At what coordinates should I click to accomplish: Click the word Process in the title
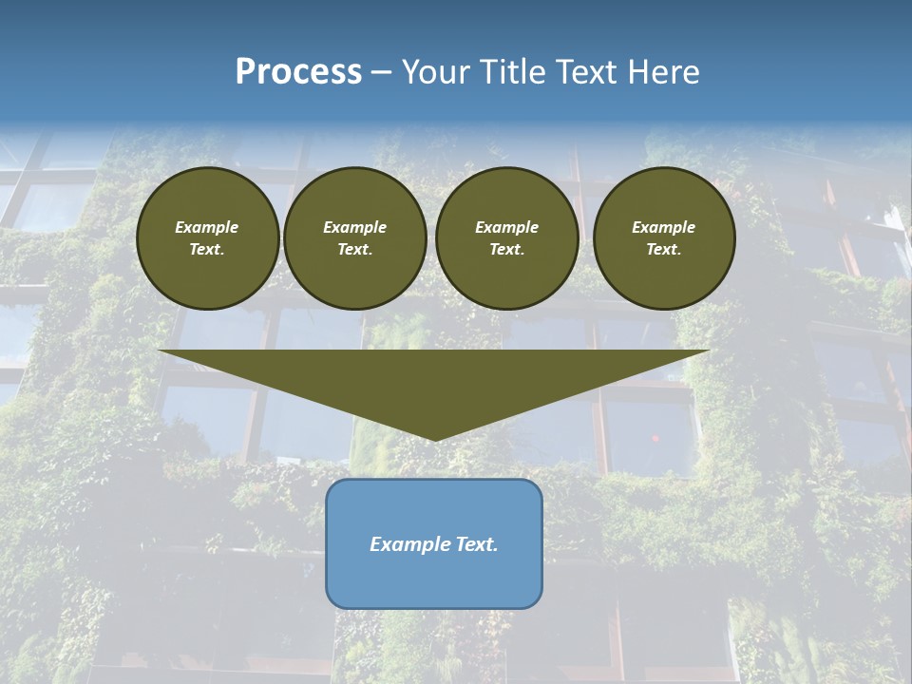pos(298,72)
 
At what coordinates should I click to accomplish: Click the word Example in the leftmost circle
pos(207,227)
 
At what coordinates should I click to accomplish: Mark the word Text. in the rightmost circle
pos(664,249)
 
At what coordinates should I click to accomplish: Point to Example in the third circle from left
pos(506,227)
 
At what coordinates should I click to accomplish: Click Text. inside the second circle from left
pos(355,249)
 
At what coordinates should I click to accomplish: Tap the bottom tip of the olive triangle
pos(434,438)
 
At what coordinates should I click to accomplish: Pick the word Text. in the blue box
pos(478,544)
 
